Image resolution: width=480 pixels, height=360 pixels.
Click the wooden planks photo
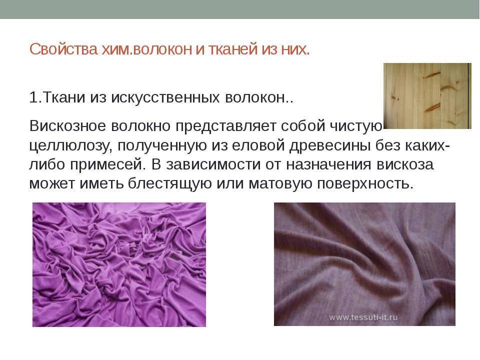coord(427,96)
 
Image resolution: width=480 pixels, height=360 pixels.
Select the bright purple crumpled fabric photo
coord(119,264)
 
